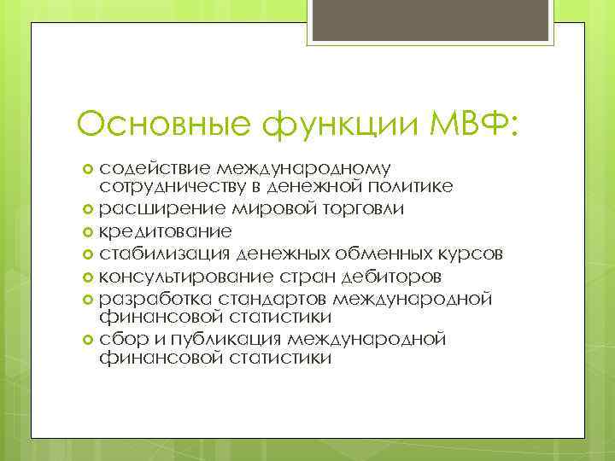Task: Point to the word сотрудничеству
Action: tap(171, 187)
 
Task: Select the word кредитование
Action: tap(165, 231)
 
